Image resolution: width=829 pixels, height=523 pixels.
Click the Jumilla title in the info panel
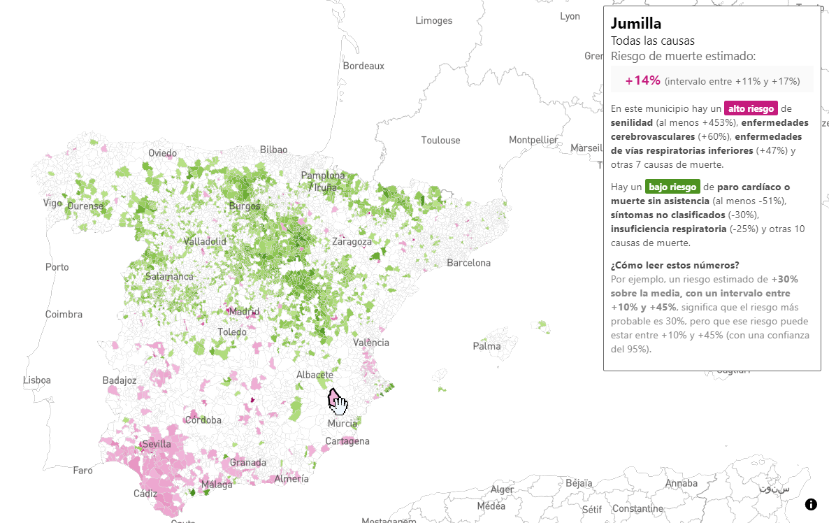tap(635, 23)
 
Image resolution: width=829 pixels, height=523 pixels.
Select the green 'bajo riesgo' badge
tap(672, 187)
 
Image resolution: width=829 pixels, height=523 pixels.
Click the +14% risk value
tap(642, 80)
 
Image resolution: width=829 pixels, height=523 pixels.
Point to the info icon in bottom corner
tap(811, 504)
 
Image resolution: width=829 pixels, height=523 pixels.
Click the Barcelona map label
tap(469, 263)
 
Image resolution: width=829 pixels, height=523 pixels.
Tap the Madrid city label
tap(244, 311)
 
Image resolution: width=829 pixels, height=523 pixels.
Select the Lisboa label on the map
tap(37, 380)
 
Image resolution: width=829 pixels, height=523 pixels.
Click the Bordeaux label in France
tap(363, 66)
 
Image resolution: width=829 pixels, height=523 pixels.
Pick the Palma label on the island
tap(486, 346)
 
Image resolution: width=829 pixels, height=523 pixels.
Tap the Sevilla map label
tap(156, 444)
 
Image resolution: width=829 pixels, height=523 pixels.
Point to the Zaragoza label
tap(352, 242)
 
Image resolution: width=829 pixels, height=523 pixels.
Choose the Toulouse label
tap(440, 141)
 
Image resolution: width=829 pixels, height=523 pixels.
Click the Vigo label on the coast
tap(52, 203)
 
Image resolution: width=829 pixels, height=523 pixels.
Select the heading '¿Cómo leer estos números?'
tap(675, 265)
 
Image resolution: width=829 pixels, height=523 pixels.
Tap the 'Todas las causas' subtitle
tap(652, 41)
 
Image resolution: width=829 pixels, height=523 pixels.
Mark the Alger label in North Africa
tap(502, 489)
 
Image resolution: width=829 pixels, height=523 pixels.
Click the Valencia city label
tap(371, 343)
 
